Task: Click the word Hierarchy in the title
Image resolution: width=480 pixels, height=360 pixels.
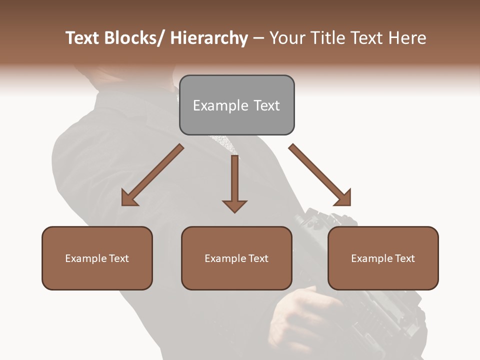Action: (x=209, y=38)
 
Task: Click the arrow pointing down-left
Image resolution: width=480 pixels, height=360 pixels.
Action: (x=152, y=175)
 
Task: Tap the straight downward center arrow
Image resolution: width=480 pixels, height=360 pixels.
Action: (x=234, y=180)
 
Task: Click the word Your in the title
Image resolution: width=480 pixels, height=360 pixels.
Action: (x=286, y=38)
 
